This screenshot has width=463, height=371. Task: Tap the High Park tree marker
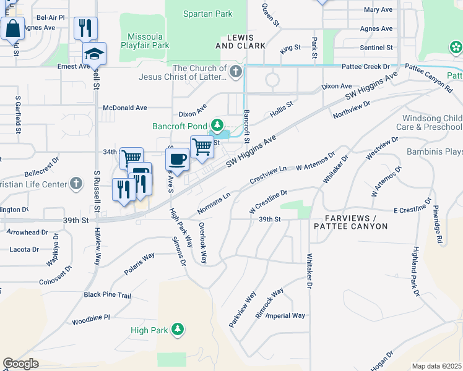[x=178, y=330]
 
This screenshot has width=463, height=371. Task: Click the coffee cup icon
[x=177, y=159]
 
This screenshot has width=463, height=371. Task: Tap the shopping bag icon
[x=12, y=28]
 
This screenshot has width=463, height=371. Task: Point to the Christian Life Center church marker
[x=76, y=184]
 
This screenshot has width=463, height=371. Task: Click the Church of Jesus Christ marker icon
[x=235, y=73]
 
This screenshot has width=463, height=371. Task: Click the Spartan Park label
[x=208, y=14]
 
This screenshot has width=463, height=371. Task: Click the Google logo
[x=20, y=364]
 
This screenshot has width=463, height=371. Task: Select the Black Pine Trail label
[x=108, y=295]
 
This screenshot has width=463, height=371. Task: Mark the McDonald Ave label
[x=124, y=108]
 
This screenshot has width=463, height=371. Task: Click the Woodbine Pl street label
[x=90, y=317]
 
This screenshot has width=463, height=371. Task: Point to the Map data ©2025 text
[x=436, y=366]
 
